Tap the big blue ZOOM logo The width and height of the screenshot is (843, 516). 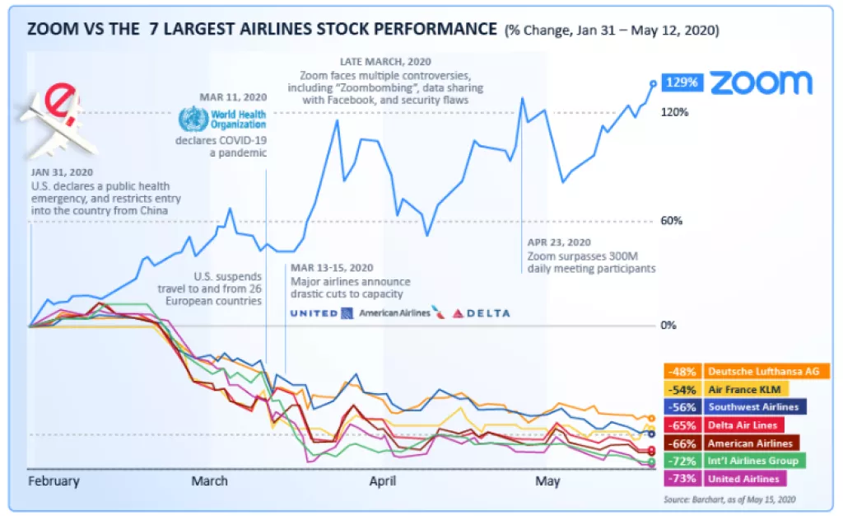[x=761, y=82]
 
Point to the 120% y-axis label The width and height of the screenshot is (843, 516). [x=676, y=112]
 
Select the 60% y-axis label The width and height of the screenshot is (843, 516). [x=672, y=221]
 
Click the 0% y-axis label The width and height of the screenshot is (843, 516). [x=668, y=326]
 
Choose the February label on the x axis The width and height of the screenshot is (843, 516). [x=54, y=481]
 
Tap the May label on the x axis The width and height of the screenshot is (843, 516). [x=547, y=481]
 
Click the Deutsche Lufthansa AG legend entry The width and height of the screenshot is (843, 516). [x=765, y=371]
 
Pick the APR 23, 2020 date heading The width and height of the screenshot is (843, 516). [x=559, y=242]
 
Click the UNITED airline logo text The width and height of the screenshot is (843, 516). [x=314, y=313]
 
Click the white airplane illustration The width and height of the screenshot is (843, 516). [x=56, y=121]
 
